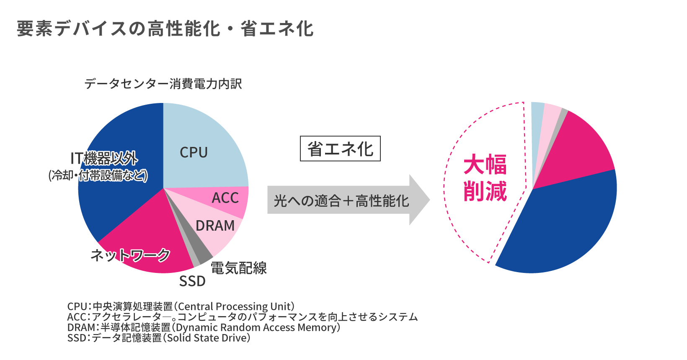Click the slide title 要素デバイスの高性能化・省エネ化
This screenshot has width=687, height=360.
(x=165, y=29)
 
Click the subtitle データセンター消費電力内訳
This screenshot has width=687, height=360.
(x=163, y=84)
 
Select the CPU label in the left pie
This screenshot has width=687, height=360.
(x=194, y=152)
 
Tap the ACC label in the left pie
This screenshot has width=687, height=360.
(x=225, y=198)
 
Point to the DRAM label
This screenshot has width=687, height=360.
(x=215, y=226)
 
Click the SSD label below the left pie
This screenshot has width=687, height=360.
(x=192, y=281)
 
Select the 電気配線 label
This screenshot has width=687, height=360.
(x=238, y=268)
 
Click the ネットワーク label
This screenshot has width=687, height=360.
(x=130, y=255)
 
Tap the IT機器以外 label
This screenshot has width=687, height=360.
(x=104, y=159)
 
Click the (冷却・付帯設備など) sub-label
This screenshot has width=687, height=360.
(x=98, y=175)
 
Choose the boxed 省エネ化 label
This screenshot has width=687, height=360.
(x=340, y=149)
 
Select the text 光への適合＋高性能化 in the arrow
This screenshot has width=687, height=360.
(x=341, y=201)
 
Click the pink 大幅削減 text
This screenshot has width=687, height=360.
(x=485, y=177)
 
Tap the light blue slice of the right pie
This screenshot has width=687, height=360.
(x=537, y=121)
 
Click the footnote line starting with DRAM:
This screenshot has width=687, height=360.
(x=204, y=327)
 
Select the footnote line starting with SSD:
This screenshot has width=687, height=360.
(x=159, y=338)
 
